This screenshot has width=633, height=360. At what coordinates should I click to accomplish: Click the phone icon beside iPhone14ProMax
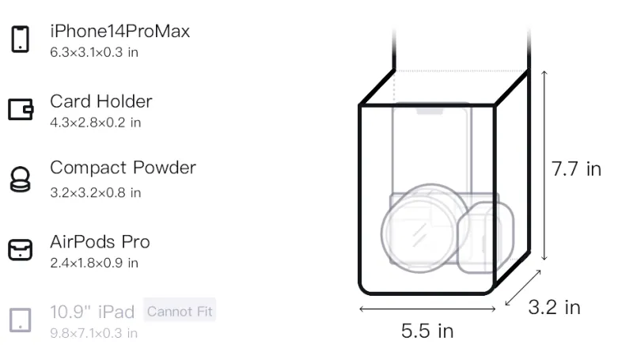[x=21, y=39]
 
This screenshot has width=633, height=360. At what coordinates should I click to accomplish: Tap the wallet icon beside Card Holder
[x=21, y=109]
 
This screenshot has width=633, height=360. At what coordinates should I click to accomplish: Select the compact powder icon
[x=21, y=179]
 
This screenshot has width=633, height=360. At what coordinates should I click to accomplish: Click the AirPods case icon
[x=21, y=250]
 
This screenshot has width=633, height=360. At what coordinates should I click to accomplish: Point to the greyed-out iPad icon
[x=21, y=320]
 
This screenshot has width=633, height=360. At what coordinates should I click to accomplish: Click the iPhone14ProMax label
[x=120, y=31]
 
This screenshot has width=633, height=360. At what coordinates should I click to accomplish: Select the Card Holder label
[x=101, y=101]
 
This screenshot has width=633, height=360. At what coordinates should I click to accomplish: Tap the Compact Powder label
[x=123, y=168]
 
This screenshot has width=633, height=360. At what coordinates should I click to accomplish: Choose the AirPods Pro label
[x=100, y=242]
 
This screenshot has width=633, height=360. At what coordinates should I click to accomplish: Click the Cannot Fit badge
[x=180, y=311]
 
